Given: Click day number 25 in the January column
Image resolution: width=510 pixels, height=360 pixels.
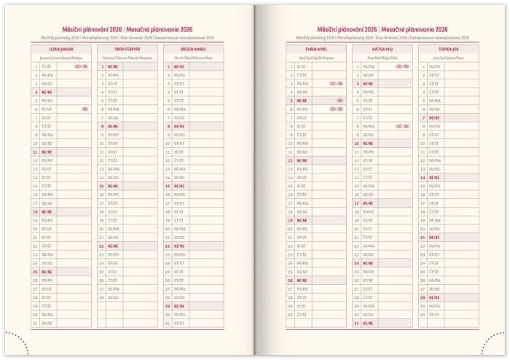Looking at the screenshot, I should tap(35, 271).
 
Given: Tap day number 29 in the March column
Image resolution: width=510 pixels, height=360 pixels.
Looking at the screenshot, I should tap(168, 306).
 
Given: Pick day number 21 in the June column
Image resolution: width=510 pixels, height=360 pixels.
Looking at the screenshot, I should tap(423, 237).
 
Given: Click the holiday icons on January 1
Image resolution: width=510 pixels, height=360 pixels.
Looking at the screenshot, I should tap(81, 66).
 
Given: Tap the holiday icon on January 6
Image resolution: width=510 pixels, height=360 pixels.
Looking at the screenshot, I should tap(85, 109).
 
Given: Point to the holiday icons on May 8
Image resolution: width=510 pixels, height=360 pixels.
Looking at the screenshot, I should tap(403, 126).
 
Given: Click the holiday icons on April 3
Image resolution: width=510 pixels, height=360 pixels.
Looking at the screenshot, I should tap(337, 84).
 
